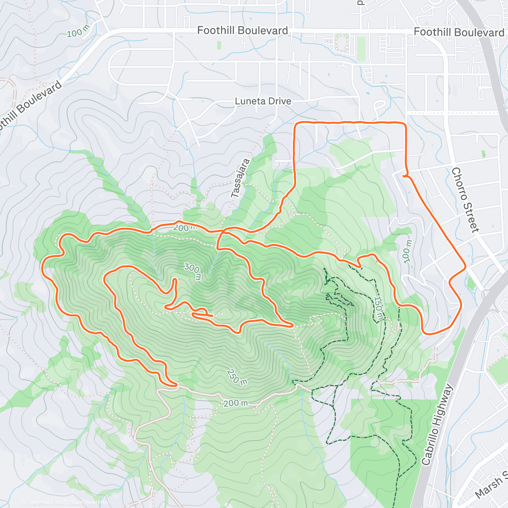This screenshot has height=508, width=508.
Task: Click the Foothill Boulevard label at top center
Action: coord(243,30)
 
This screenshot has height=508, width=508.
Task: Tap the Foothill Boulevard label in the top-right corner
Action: coord(459,32)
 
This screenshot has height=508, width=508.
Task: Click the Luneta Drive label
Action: coord(263,101)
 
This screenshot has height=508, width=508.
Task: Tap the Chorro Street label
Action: coord(465,200)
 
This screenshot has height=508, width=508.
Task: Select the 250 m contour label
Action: coord(237,377)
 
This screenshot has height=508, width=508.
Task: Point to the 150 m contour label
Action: coord(379,308)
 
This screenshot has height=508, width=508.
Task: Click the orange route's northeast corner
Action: coord(405,124)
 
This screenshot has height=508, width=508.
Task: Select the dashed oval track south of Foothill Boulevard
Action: coord(341,42)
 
